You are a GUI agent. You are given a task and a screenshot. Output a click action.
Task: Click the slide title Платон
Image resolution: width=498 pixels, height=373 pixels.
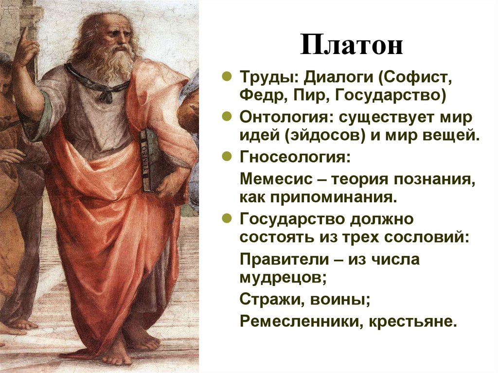click(351, 45)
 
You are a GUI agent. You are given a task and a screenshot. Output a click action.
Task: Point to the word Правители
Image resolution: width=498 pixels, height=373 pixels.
click(281, 260)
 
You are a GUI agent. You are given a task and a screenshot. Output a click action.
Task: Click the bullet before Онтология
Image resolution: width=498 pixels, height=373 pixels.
click(227, 118)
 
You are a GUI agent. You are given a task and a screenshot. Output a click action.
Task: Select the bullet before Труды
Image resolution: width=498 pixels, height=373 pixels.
click(227, 77)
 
